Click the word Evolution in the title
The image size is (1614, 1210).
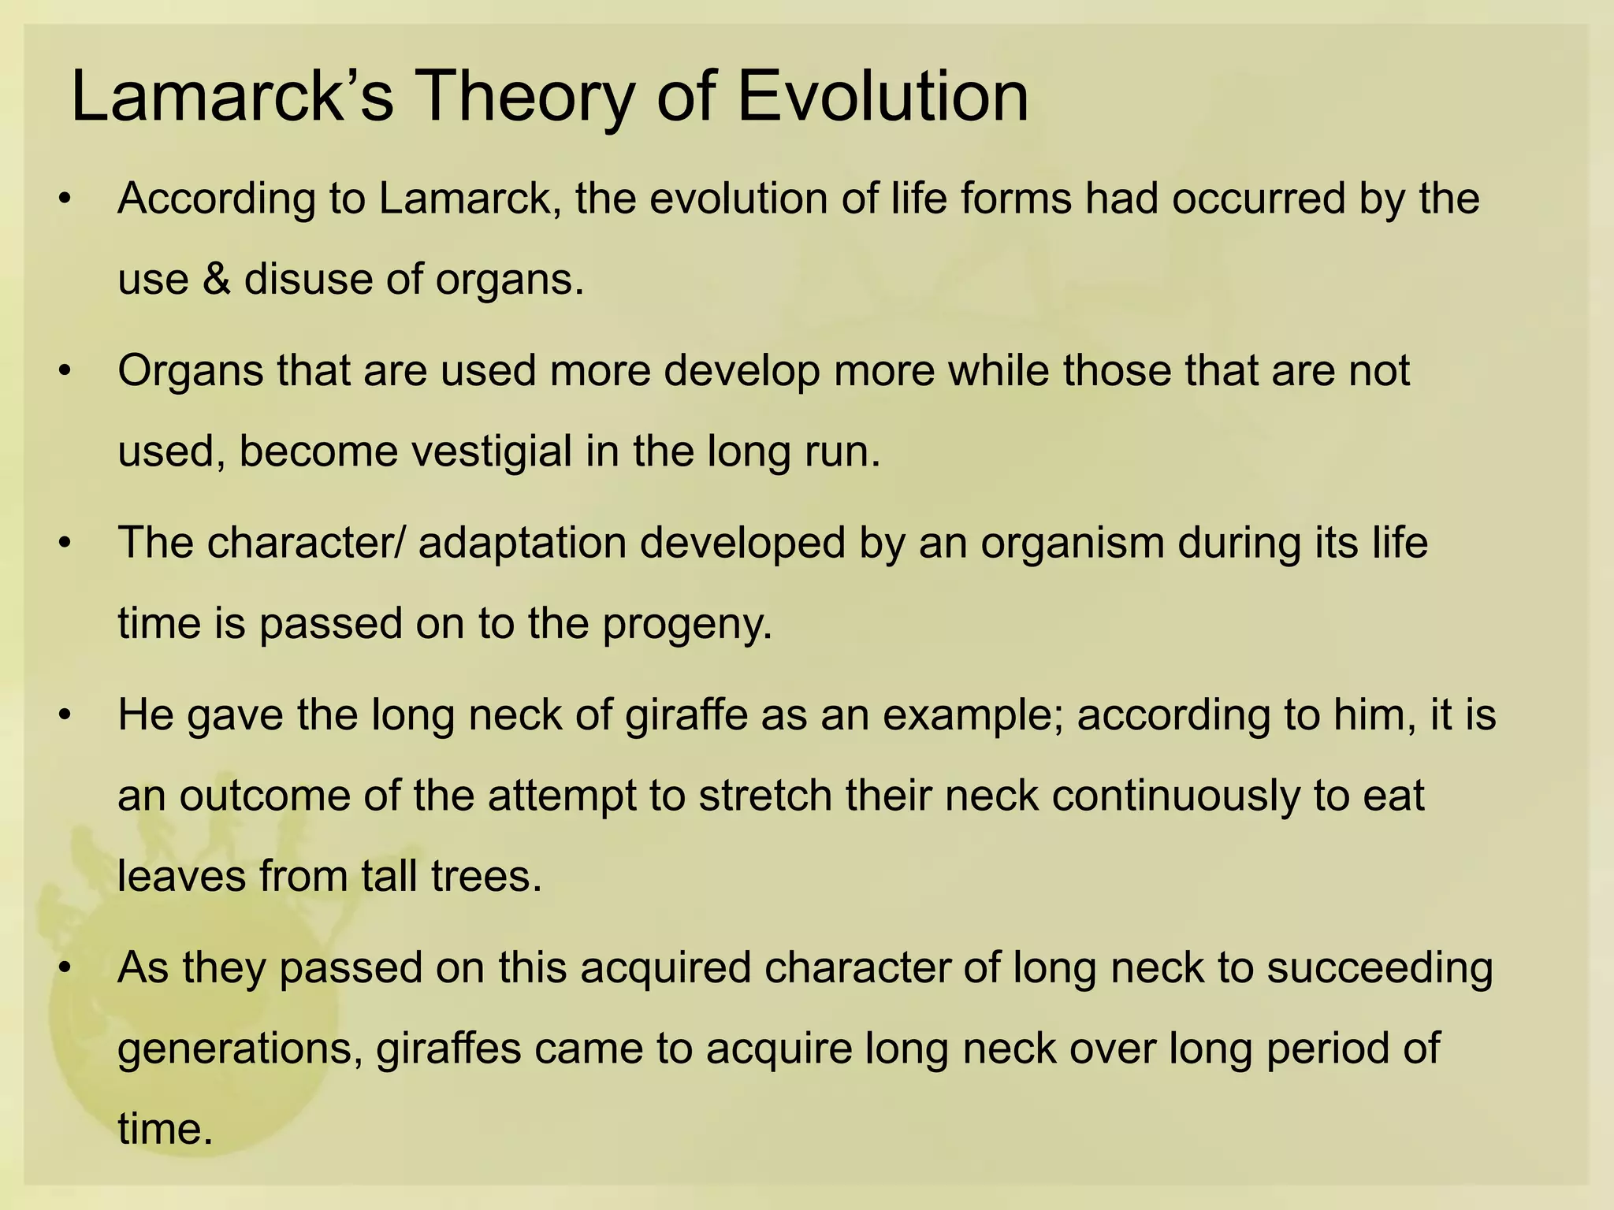[x=882, y=97]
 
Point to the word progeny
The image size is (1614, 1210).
[x=687, y=624]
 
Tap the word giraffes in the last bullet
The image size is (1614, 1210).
[x=448, y=1049]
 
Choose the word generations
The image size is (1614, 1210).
[x=240, y=1049]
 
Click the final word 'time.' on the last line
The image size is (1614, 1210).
[x=165, y=1129]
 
